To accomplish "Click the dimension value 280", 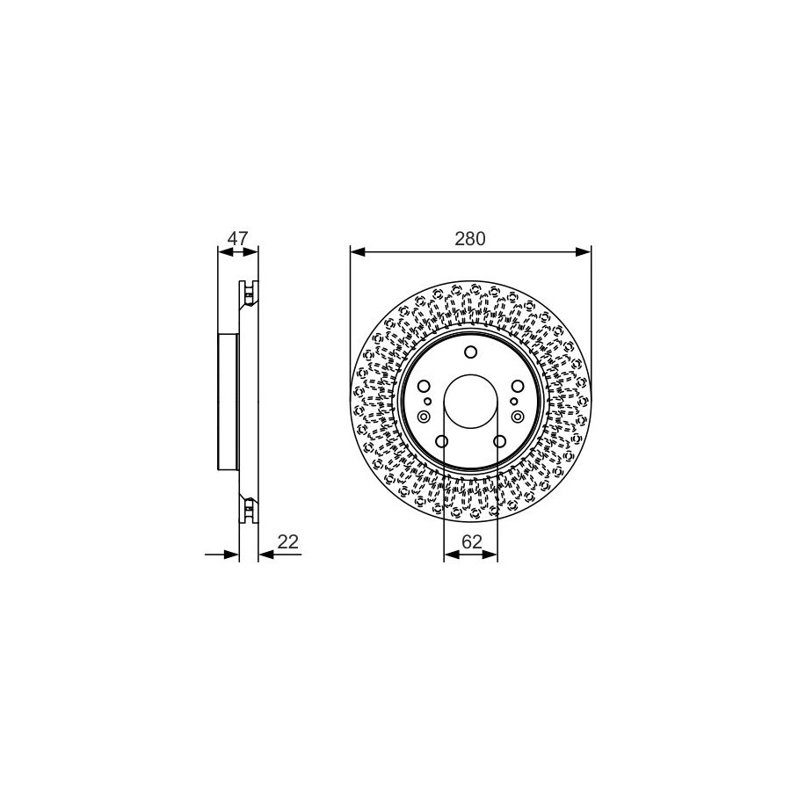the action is click(x=469, y=238).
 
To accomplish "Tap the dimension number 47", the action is click(x=237, y=238).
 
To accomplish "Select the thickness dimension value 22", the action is click(x=288, y=541).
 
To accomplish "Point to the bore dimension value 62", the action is click(x=472, y=541).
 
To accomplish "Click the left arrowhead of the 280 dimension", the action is click(x=358, y=251).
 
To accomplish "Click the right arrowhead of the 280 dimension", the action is click(x=584, y=251).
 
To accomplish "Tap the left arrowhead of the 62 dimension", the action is click(x=452, y=555).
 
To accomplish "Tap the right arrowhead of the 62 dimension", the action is click(x=490, y=555).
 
